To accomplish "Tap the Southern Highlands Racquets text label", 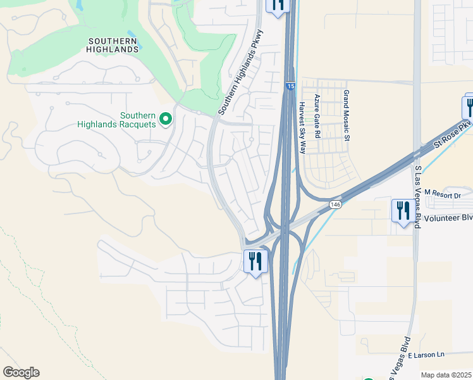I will [116, 120].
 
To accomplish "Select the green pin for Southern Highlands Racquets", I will [166, 118].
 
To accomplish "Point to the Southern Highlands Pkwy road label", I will [241, 73].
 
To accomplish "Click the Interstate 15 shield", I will [289, 85].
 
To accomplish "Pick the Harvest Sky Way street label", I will [302, 128].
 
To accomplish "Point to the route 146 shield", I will [335, 205].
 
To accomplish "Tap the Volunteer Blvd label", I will [448, 218].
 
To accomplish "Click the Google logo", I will [21, 372].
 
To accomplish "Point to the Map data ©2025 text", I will [446, 375].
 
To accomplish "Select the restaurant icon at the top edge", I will [277, 5].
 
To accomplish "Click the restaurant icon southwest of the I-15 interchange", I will [255, 261].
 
